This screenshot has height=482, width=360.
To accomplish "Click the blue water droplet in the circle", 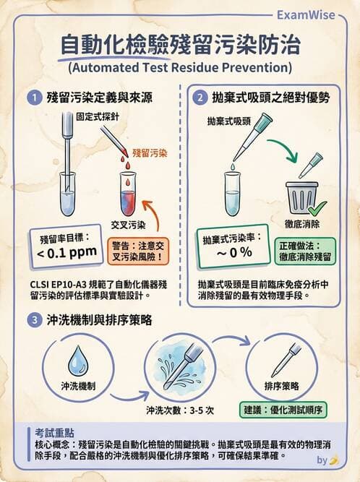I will pyautogui.click(x=77, y=360).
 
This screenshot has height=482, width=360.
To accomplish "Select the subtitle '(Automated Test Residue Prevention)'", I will pyautogui.click(x=179, y=69).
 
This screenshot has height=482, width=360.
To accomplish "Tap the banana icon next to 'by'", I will pyautogui.click(x=334, y=459).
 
